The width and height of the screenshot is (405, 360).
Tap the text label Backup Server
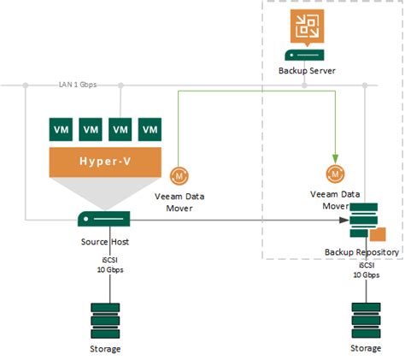(x=305, y=70)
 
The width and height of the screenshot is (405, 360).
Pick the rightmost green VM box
(x=150, y=130)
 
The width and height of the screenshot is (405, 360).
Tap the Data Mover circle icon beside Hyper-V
(x=180, y=174)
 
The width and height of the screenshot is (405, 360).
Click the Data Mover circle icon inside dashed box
(x=336, y=175)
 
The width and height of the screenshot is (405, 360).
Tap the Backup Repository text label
(x=361, y=253)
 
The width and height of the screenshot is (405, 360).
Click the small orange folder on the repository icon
(x=377, y=233)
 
